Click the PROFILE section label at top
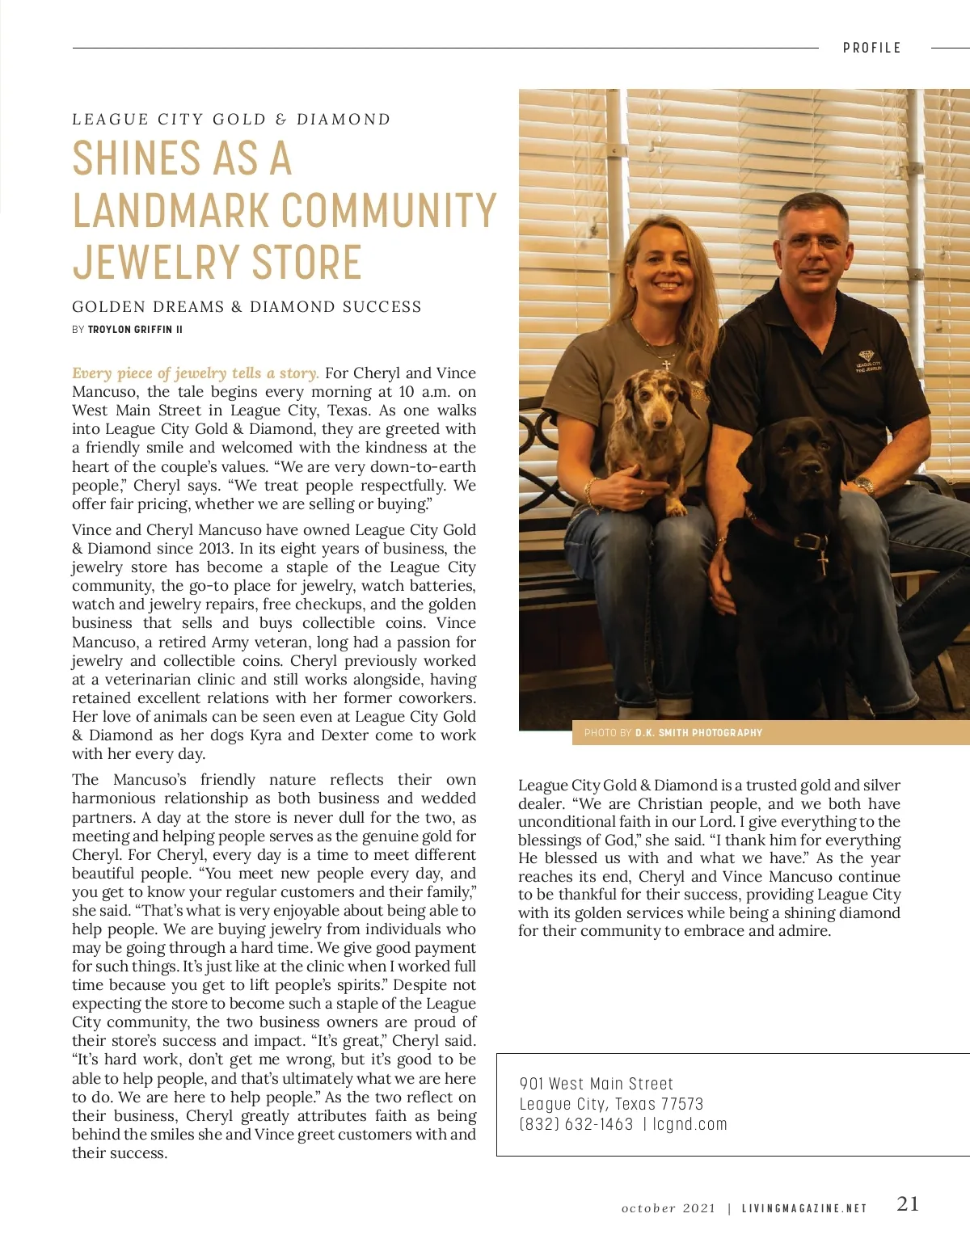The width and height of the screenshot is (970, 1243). (871, 48)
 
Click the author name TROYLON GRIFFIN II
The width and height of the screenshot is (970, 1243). (135, 330)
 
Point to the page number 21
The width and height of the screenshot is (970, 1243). (908, 1203)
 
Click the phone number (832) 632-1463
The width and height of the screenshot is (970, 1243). (576, 1124)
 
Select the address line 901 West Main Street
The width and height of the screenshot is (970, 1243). (596, 1084)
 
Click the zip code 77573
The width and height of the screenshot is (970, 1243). (681, 1104)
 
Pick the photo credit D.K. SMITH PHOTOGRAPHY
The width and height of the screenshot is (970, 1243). (698, 733)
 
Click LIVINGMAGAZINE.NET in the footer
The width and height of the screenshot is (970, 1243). (803, 1208)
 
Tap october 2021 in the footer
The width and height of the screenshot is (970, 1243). (668, 1208)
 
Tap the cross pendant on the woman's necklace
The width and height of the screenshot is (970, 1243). (666, 364)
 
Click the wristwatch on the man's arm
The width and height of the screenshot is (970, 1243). (864, 486)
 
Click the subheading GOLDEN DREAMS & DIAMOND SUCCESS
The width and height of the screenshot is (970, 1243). (247, 307)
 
